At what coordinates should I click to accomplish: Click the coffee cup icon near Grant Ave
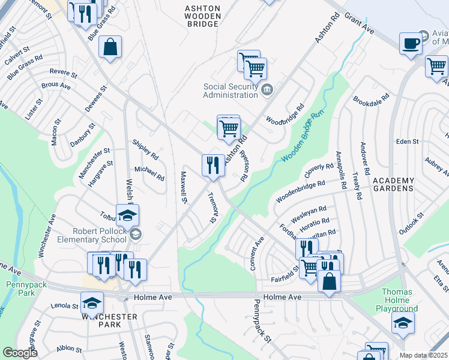411,44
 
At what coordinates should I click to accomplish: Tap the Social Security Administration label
230,91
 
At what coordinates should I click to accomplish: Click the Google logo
20,353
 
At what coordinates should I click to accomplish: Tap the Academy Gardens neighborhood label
393,184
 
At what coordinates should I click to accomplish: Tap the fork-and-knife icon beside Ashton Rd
212,165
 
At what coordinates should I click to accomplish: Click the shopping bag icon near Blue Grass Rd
110,47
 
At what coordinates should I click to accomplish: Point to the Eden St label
407,142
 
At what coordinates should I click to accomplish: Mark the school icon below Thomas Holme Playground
402,323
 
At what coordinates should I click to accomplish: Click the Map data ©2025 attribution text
423,355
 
